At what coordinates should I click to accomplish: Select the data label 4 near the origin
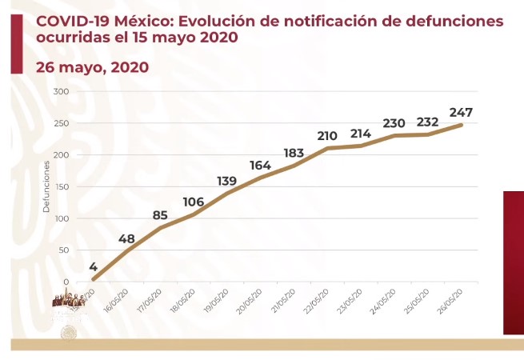[x=94, y=267]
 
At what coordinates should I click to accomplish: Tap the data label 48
[x=126, y=239]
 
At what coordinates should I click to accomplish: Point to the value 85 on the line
[x=160, y=214]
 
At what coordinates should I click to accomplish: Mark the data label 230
[x=394, y=123]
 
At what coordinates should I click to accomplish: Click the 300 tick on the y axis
[x=62, y=91]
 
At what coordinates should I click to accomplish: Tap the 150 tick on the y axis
[x=62, y=186]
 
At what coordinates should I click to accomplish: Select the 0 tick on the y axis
[x=67, y=282]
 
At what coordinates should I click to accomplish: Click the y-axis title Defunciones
[x=46, y=186]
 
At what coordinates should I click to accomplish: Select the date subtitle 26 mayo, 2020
[x=92, y=67]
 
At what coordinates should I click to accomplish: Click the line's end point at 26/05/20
[x=462, y=124]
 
